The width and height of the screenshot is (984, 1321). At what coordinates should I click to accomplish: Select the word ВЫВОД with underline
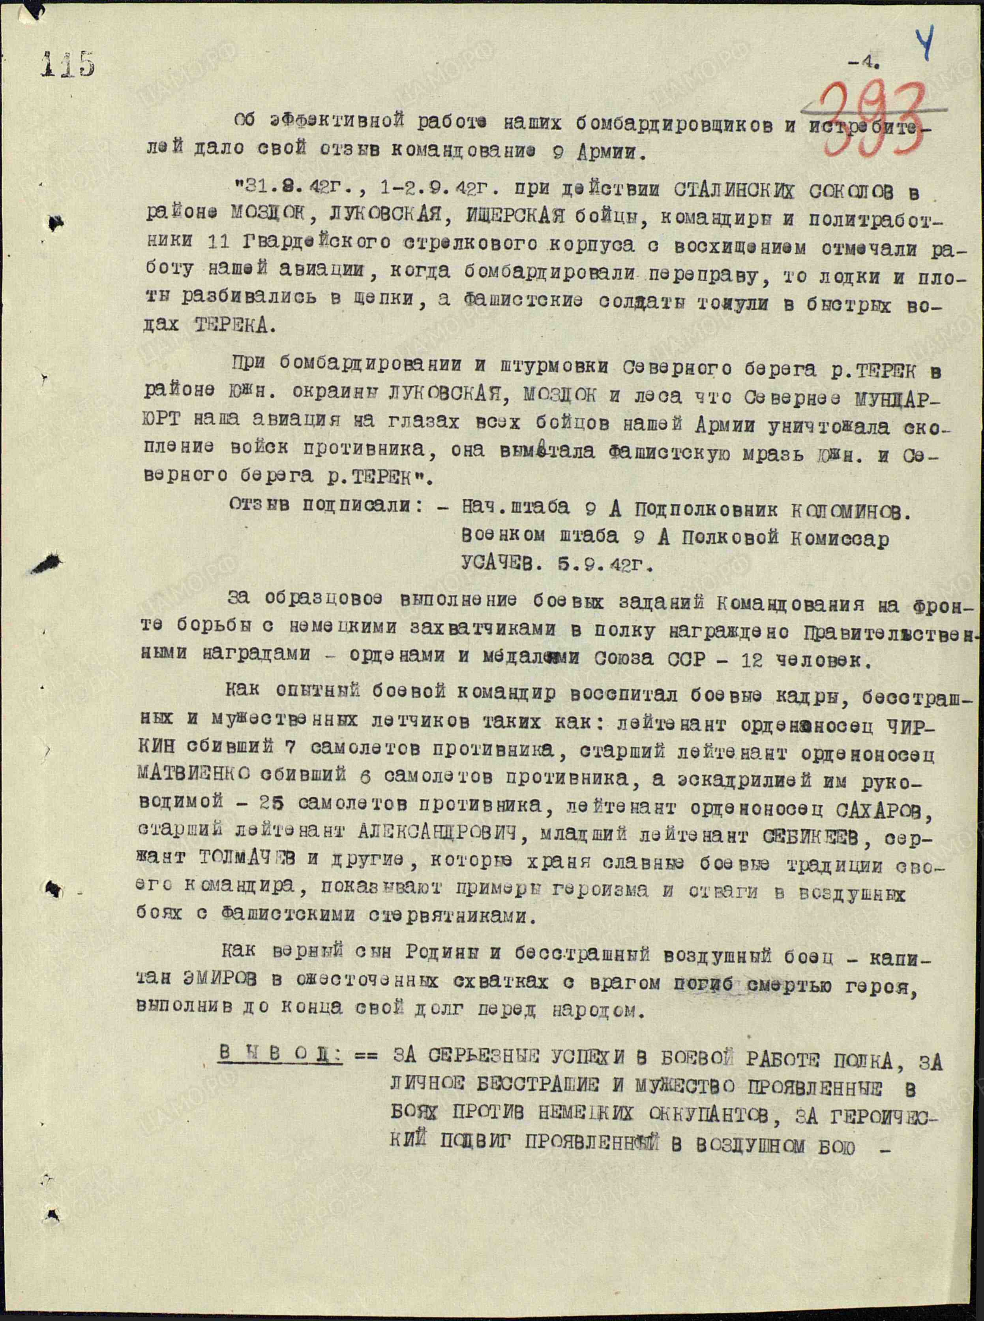point(279,1053)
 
